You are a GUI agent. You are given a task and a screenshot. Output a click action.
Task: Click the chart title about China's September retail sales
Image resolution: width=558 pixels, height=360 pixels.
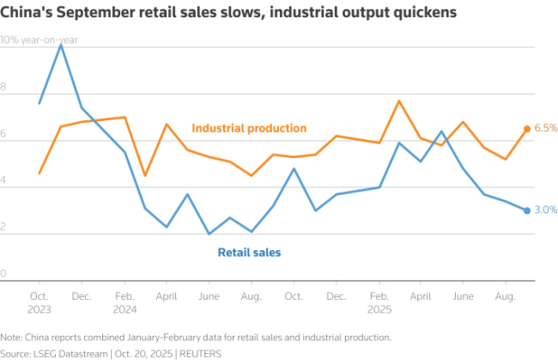pyautogui.click(x=228, y=13)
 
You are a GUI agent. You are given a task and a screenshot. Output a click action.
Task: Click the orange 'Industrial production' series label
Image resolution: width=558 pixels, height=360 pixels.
pyautogui.click(x=249, y=128)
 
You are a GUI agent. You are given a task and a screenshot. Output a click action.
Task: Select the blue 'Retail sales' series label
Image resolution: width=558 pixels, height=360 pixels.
pyautogui.click(x=249, y=253)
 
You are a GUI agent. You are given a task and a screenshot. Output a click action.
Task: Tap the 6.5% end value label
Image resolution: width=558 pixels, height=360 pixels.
pyautogui.click(x=546, y=128)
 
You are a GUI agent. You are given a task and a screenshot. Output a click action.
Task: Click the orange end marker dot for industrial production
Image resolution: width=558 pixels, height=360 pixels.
pyautogui.click(x=527, y=129)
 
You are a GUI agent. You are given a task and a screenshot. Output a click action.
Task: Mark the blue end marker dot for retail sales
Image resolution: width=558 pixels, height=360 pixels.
pyautogui.click(x=527, y=210)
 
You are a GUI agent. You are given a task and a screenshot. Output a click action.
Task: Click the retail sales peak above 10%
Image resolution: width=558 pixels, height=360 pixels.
pyautogui.click(x=61, y=45)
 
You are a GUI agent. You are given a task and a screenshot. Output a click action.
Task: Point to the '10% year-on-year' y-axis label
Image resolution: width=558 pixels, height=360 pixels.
pyautogui.click(x=39, y=40)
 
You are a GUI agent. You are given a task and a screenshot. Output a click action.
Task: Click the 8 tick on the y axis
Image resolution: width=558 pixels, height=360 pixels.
pyautogui.click(x=4, y=87)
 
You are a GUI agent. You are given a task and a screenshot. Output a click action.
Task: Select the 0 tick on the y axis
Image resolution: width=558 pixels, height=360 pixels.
pyautogui.click(x=4, y=273)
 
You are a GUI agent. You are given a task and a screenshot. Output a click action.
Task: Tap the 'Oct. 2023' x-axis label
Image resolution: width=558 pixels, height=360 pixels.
pyautogui.click(x=39, y=302)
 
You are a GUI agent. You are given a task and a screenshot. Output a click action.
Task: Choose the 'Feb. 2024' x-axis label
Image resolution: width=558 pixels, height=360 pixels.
pyautogui.click(x=124, y=302)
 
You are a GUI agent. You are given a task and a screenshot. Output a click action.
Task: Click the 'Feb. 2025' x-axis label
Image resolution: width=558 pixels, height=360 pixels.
pyautogui.click(x=379, y=302)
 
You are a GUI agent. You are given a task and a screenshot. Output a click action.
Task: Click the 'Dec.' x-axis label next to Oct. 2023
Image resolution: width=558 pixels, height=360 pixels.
pyautogui.click(x=82, y=296)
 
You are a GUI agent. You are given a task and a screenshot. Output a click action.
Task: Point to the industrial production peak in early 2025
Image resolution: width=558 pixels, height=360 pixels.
pyautogui.click(x=399, y=101)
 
